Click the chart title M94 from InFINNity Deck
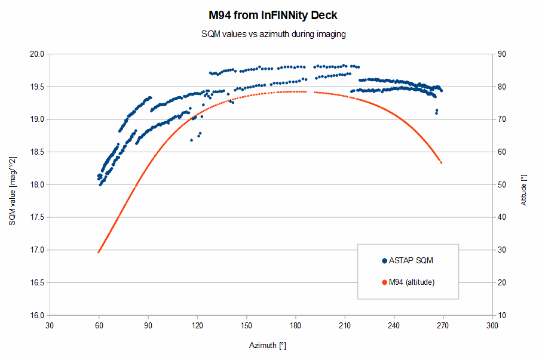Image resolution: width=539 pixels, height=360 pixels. click(269, 15)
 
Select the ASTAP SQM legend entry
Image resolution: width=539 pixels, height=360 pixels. click(411, 260)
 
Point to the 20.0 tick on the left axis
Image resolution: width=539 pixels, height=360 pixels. click(38, 54)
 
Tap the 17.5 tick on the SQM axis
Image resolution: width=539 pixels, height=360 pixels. click(38, 217)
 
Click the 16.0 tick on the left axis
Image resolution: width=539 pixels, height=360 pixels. click(38, 315)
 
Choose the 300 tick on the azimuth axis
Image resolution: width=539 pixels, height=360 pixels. click(492, 326)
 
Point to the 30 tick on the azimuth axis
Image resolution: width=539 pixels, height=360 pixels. click(50, 326)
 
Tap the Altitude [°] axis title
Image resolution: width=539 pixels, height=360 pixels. click(524, 190)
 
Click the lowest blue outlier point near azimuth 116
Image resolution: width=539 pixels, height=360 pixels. click(192, 140)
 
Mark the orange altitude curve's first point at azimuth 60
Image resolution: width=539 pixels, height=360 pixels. click(99, 252)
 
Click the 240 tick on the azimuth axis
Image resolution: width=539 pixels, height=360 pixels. click(393, 326)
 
